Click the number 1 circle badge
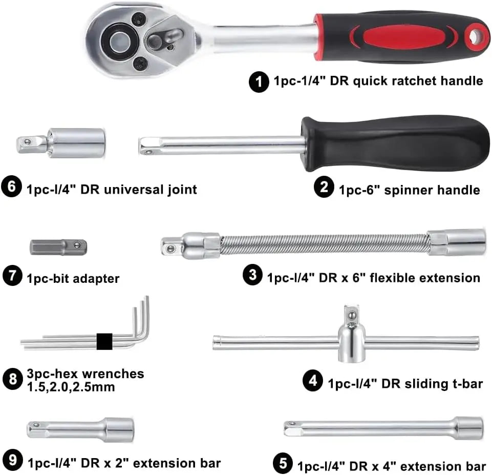pyautogui.click(x=259, y=81)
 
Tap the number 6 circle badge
pyautogui.click(x=11, y=187)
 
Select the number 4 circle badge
pyautogui.click(x=312, y=381)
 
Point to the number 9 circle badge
pyautogui.click(x=13, y=460)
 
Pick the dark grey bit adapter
pyautogui.click(x=58, y=247)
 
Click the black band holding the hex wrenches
pyautogui.click(x=104, y=342)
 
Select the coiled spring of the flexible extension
pyautogui.click(x=324, y=244)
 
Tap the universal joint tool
pyautogui.click(x=61, y=143)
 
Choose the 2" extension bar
pyautogui.click(x=81, y=429)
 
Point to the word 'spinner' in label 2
pyautogui.click(x=409, y=190)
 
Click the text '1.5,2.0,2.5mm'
pyautogui.click(x=71, y=387)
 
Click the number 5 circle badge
pyautogui.click(x=283, y=463)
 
